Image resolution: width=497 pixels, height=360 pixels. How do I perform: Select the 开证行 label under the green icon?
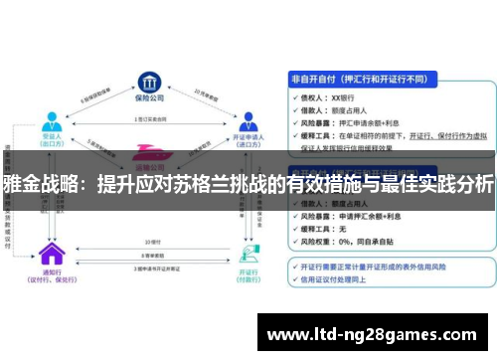point(243,271)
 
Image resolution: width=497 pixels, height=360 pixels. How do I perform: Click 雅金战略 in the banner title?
point(36,185)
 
